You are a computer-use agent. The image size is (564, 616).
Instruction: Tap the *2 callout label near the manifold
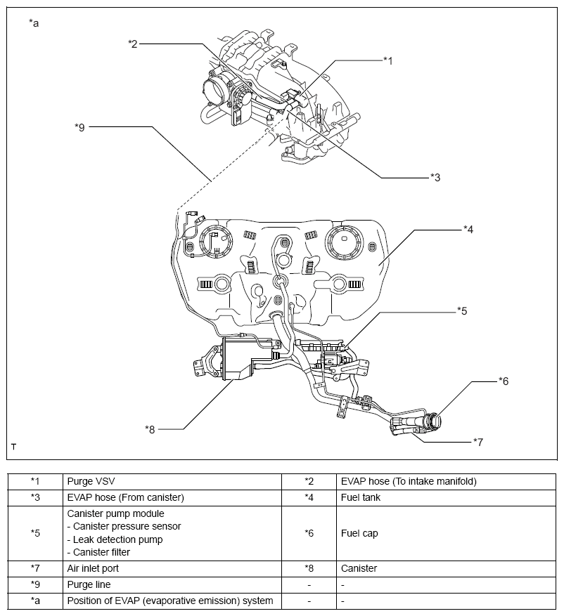pyautogui.click(x=133, y=44)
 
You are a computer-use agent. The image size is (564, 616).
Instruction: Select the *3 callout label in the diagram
pyautogui.click(x=435, y=178)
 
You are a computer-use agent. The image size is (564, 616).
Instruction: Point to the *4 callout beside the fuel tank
pyautogui.click(x=468, y=229)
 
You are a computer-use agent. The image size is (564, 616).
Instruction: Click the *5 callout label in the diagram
pyautogui.click(x=461, y=310)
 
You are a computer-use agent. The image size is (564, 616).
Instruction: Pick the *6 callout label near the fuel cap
pyautogui.click(x=503, y=381)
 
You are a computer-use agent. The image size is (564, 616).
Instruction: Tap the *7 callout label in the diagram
pyautogui.click(x=478, y=442)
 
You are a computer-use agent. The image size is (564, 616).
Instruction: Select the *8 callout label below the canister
pyautogui.click(x=150, y=428)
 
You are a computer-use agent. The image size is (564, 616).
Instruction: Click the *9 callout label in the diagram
pyautogui.click(x=79, y=127)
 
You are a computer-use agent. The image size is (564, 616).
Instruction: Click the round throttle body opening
pyautogui.click(x=214, y=93)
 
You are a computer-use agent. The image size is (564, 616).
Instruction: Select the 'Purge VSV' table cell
pyautogui.click(x=91, y=481)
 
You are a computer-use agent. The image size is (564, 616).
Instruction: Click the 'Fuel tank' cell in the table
pyautogui.click(x=360, y=497)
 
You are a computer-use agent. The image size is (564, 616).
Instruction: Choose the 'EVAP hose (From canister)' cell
pyautogui.click(x=125, y=497)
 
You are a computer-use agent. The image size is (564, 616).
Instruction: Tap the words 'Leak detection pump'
pyautogui.click(x=115, y=539)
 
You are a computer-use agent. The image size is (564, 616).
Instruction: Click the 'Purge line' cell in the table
pyautogui.click(x=89, y=584)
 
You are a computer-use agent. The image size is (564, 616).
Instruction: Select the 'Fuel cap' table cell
pyautogui.click(x=359, y=533)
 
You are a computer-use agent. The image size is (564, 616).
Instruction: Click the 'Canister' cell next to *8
pyautogui.click(x=359, y=568)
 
